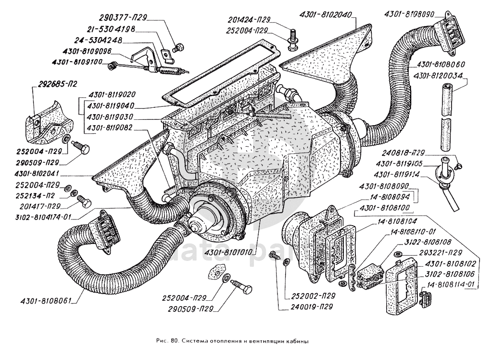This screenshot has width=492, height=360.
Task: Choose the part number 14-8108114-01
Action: click(x=454, y=284)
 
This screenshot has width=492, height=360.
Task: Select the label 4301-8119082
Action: click(x=111, y=128)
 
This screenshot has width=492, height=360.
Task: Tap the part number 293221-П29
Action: click(x=436, y=252)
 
